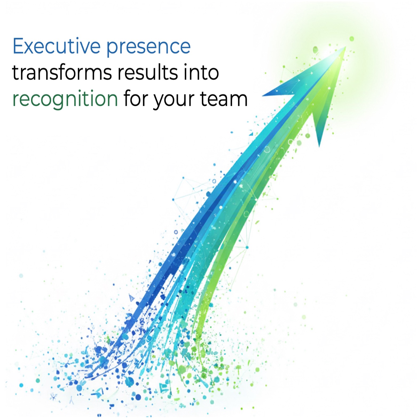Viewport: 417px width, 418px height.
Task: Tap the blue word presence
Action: coord(148,47)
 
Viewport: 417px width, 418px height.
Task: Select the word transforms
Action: coord(62,73)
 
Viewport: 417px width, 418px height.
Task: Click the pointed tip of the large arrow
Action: coord(345,47)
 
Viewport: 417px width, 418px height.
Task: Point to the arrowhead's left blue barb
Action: coord(264,95)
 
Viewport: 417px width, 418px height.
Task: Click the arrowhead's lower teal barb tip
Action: coord(319,146)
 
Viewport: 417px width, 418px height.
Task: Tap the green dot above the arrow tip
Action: coord(352,39)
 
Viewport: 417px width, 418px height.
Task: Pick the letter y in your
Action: coord(159,101)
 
